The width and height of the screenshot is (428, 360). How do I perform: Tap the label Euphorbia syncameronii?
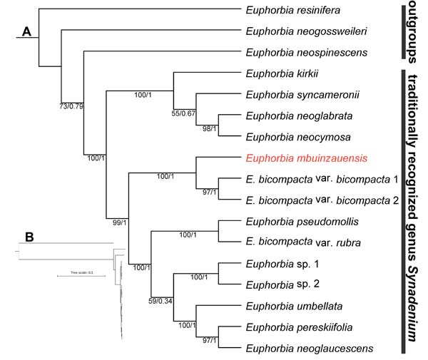pos(294,94)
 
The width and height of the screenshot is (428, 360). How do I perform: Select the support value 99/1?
pos(116,222)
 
